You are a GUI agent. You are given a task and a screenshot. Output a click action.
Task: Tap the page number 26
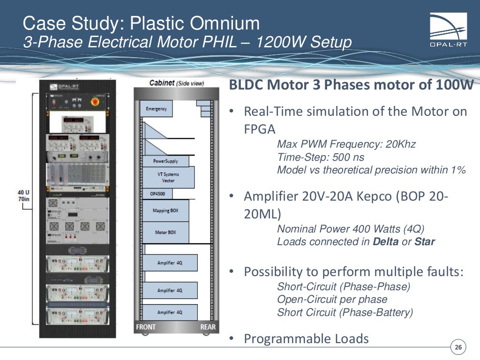pyautogui.click(x=458, y=347)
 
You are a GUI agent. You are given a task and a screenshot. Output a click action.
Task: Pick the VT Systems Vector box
pyautogui.click(x=168, y=177)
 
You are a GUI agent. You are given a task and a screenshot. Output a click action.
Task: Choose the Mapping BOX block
pyautogui.click(x=165, y=211)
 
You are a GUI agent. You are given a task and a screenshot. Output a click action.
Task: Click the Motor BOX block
pyautogui.click(x=165, y=232)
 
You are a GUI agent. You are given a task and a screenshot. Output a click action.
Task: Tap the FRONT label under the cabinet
pyautogui.click(x=146, y=327)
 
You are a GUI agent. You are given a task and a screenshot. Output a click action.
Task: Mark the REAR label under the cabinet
pyautogui.click(x=208, y=327)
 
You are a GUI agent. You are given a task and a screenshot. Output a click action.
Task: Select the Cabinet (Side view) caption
pyautogui.click(x=176, y=83)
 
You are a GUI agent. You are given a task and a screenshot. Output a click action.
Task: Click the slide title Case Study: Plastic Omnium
pyautogui.click(x=141, y=23)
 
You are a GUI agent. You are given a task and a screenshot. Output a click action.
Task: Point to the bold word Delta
pyautogui.click(x=386, y=242)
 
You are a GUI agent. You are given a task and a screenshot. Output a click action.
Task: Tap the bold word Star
pyautogui.click(x=425, y=242)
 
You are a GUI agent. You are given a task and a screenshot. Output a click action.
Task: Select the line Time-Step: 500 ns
pyautogui.click(x=320, y=157)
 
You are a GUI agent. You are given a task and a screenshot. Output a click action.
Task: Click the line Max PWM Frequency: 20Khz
pyautogui.click(x=346, y=144)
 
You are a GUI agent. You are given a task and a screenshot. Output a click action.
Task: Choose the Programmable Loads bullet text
pyautogui.click(x=306, y=338)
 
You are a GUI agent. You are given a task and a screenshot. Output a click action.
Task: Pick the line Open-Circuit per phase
pyautogui.click(x=332, y=300)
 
